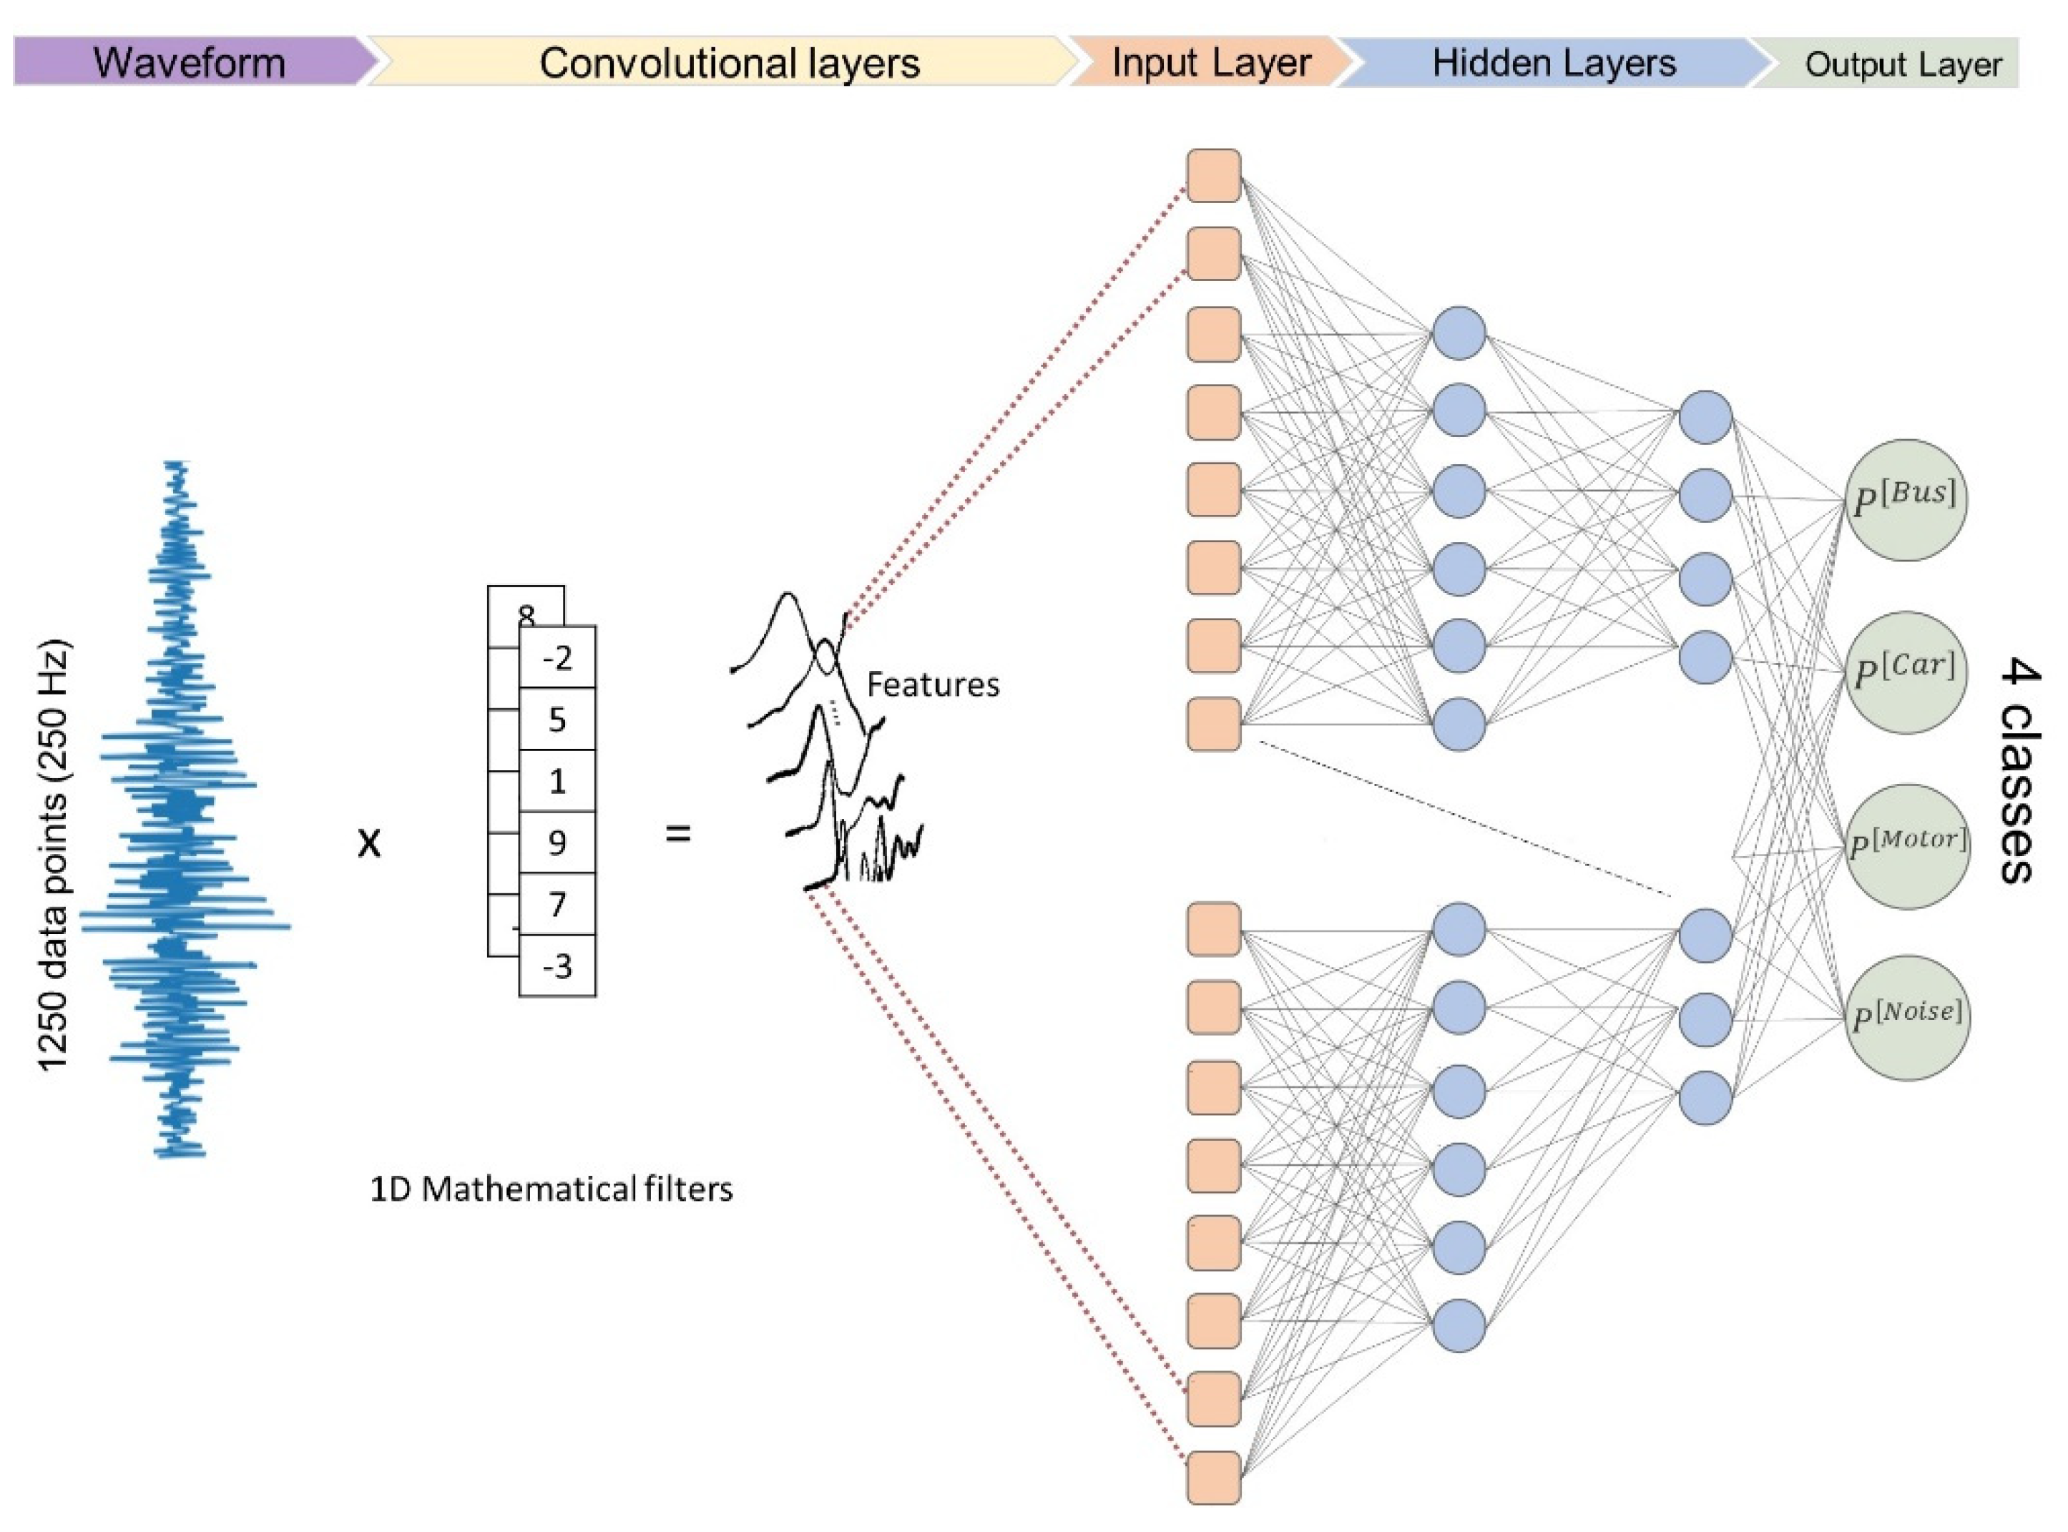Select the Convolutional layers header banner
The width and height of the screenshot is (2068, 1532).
click(x=728, y=62)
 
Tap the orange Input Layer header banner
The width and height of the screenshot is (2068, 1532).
click(x=1210, y=62)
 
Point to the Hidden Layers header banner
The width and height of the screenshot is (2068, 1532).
click(x=1553, y=62)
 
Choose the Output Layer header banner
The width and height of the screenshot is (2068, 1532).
click(x=1901, y=64)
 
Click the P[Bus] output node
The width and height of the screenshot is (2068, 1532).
click(x=1905, y=500)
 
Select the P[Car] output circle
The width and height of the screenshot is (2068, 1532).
click(x=1905, y=672)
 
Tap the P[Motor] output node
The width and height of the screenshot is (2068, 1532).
click(x=1905, y=846)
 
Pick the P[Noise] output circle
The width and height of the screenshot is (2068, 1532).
click(x=1905, y=1017)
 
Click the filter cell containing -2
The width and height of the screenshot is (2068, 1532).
click(x=557, y=657)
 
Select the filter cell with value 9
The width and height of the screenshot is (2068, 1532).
click(x=557, y=842)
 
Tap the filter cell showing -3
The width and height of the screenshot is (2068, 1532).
click(x=557, y=966)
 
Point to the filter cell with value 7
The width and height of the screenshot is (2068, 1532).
click(x=557, y=903)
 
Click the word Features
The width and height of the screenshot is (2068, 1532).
click(x=932, y=684)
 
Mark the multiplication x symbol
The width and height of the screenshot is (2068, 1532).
click(x=369, y=842)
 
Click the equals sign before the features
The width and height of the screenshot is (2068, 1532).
click(x=678, y=834)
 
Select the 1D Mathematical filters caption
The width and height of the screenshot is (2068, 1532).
click(x=551, y=1189)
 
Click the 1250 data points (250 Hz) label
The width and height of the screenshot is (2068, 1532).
click(x=54, y=855)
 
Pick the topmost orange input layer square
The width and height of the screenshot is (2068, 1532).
click(x=1214, y=175)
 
